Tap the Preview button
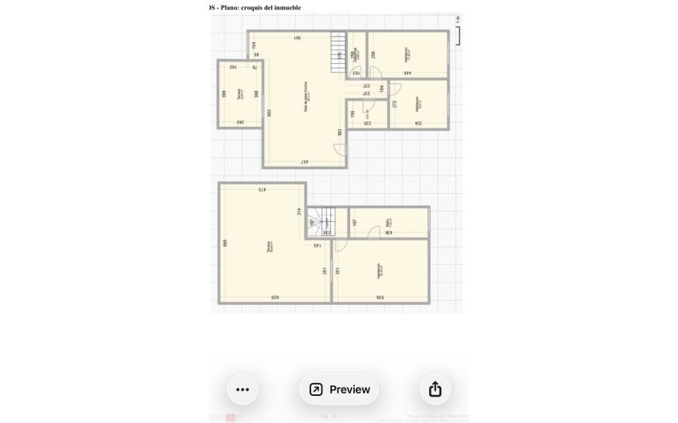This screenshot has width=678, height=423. pos(339,389)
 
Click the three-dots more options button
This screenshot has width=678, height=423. pos(242,389)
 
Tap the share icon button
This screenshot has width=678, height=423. pos(435,389)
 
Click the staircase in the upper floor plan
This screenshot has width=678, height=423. pos(338,52)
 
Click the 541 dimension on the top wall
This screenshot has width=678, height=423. pos(297,38)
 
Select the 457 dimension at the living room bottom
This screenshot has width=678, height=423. pos(305,162)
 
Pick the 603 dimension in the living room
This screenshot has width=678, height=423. pos(270,113)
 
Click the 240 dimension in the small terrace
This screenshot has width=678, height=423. pos(239,122)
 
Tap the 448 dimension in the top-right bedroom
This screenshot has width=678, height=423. pos(407,73)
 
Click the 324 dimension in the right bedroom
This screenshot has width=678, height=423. pos(417,123)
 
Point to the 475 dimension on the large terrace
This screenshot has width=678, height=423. pos(262,190)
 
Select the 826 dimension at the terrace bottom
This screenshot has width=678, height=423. pos(274,298)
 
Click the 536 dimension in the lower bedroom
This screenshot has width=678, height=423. pos(380,298)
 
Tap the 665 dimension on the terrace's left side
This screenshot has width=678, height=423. pos(226,243)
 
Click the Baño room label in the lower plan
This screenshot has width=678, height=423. pos(388,224)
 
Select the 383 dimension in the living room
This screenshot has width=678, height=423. pos(340,132)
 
